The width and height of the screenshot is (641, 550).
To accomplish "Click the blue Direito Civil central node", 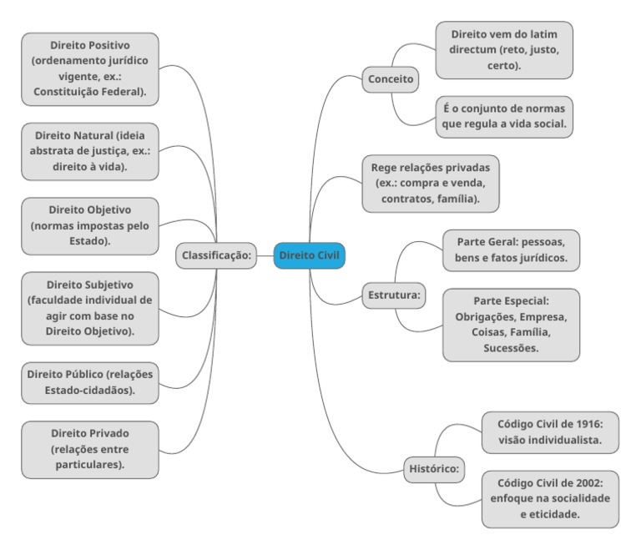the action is point(309,255).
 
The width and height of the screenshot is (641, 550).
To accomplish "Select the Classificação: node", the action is point(216,255).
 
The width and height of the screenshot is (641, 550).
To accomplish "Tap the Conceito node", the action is point(391,79).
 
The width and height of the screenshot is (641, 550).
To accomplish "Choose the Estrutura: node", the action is point(394,295).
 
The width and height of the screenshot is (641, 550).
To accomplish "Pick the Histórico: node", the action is point(434,469).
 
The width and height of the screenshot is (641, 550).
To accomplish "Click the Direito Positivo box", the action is point(90,69).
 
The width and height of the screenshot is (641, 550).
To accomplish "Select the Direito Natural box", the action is point(90,151).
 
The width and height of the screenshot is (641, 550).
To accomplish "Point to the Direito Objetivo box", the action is point(90,226).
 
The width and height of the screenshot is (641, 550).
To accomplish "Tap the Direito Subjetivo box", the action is point(90,308).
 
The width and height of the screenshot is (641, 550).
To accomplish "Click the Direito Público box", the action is point(90,383).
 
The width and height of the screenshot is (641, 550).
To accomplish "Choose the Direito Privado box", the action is point(90,449).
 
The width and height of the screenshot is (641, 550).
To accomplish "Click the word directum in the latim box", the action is point(472,50).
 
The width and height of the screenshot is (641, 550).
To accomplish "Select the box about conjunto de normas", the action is point(504,117).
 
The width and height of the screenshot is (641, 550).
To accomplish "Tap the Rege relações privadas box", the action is point(431,184).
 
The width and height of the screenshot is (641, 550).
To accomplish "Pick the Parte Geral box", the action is point(511,250).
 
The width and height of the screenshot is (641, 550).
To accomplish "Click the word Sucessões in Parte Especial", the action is point(511,348).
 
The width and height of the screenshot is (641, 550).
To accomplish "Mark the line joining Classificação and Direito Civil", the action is point(265,256).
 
